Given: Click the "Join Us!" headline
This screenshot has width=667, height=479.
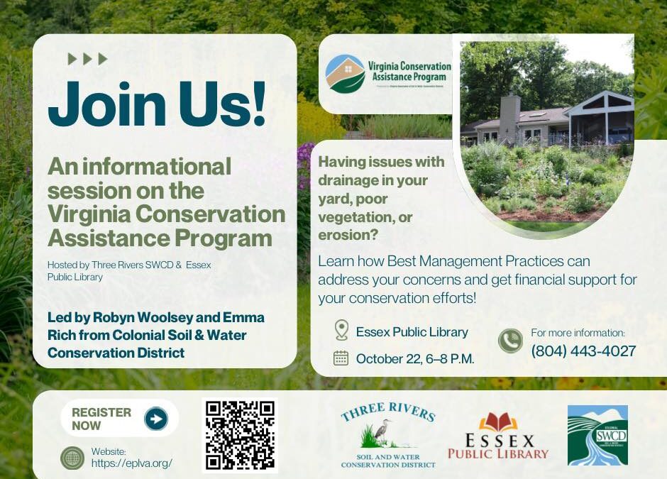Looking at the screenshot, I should (x=156, y=104).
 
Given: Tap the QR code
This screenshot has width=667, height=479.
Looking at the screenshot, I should (x=240, y=436).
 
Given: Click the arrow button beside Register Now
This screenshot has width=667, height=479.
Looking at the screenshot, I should (x=156, y=419).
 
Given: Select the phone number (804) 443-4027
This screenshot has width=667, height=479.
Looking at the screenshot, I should (x=583, y=351).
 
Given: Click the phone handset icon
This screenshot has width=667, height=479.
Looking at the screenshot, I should (x=510, y=341).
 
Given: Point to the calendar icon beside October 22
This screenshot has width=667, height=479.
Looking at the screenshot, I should (x=341, y=358).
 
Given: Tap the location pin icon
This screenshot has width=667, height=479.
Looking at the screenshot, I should (x=341, y=331).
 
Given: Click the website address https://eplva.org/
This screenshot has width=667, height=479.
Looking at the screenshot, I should (x=132, y=463).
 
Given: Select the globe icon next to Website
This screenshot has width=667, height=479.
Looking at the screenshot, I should (x=72, y=458).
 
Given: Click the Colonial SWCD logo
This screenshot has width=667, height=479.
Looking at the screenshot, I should (x=597, y=435).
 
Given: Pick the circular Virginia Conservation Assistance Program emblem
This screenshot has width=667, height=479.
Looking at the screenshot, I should (x=345, y=74).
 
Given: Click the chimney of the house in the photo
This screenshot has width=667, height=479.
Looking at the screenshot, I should (x=509, y=116).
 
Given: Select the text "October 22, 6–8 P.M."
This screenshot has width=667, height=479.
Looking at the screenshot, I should (x=415, y=358).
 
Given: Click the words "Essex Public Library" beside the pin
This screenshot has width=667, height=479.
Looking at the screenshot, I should (x=412, y=331).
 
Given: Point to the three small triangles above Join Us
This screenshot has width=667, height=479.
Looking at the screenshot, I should (x=87, y=59).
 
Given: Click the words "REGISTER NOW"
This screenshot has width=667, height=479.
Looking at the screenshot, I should (x=101, y=419).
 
